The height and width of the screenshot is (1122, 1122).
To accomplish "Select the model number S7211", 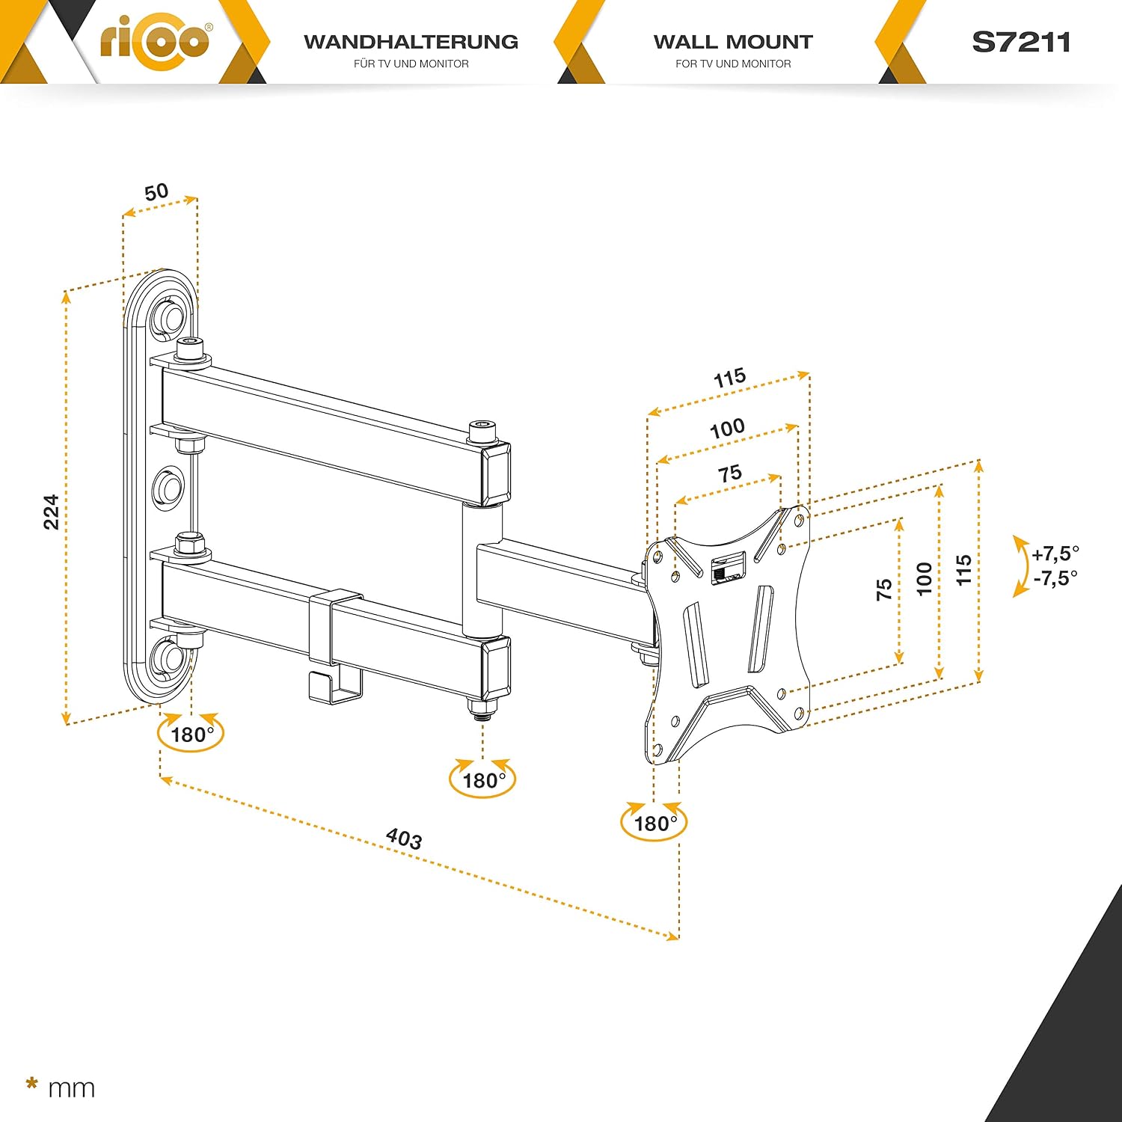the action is (1021, 42).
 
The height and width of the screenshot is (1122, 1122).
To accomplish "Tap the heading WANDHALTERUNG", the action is (411, 42).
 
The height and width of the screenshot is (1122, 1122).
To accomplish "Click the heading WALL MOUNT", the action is (733, 42).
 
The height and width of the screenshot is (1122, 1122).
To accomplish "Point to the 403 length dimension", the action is (404, 839).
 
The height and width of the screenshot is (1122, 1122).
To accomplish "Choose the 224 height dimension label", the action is (51, 512).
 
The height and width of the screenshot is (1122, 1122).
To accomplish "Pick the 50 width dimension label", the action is (156, 192).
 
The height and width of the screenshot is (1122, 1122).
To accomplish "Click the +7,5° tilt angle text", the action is (1055, 554).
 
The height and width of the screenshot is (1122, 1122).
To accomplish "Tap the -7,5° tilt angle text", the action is (1055, 578).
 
